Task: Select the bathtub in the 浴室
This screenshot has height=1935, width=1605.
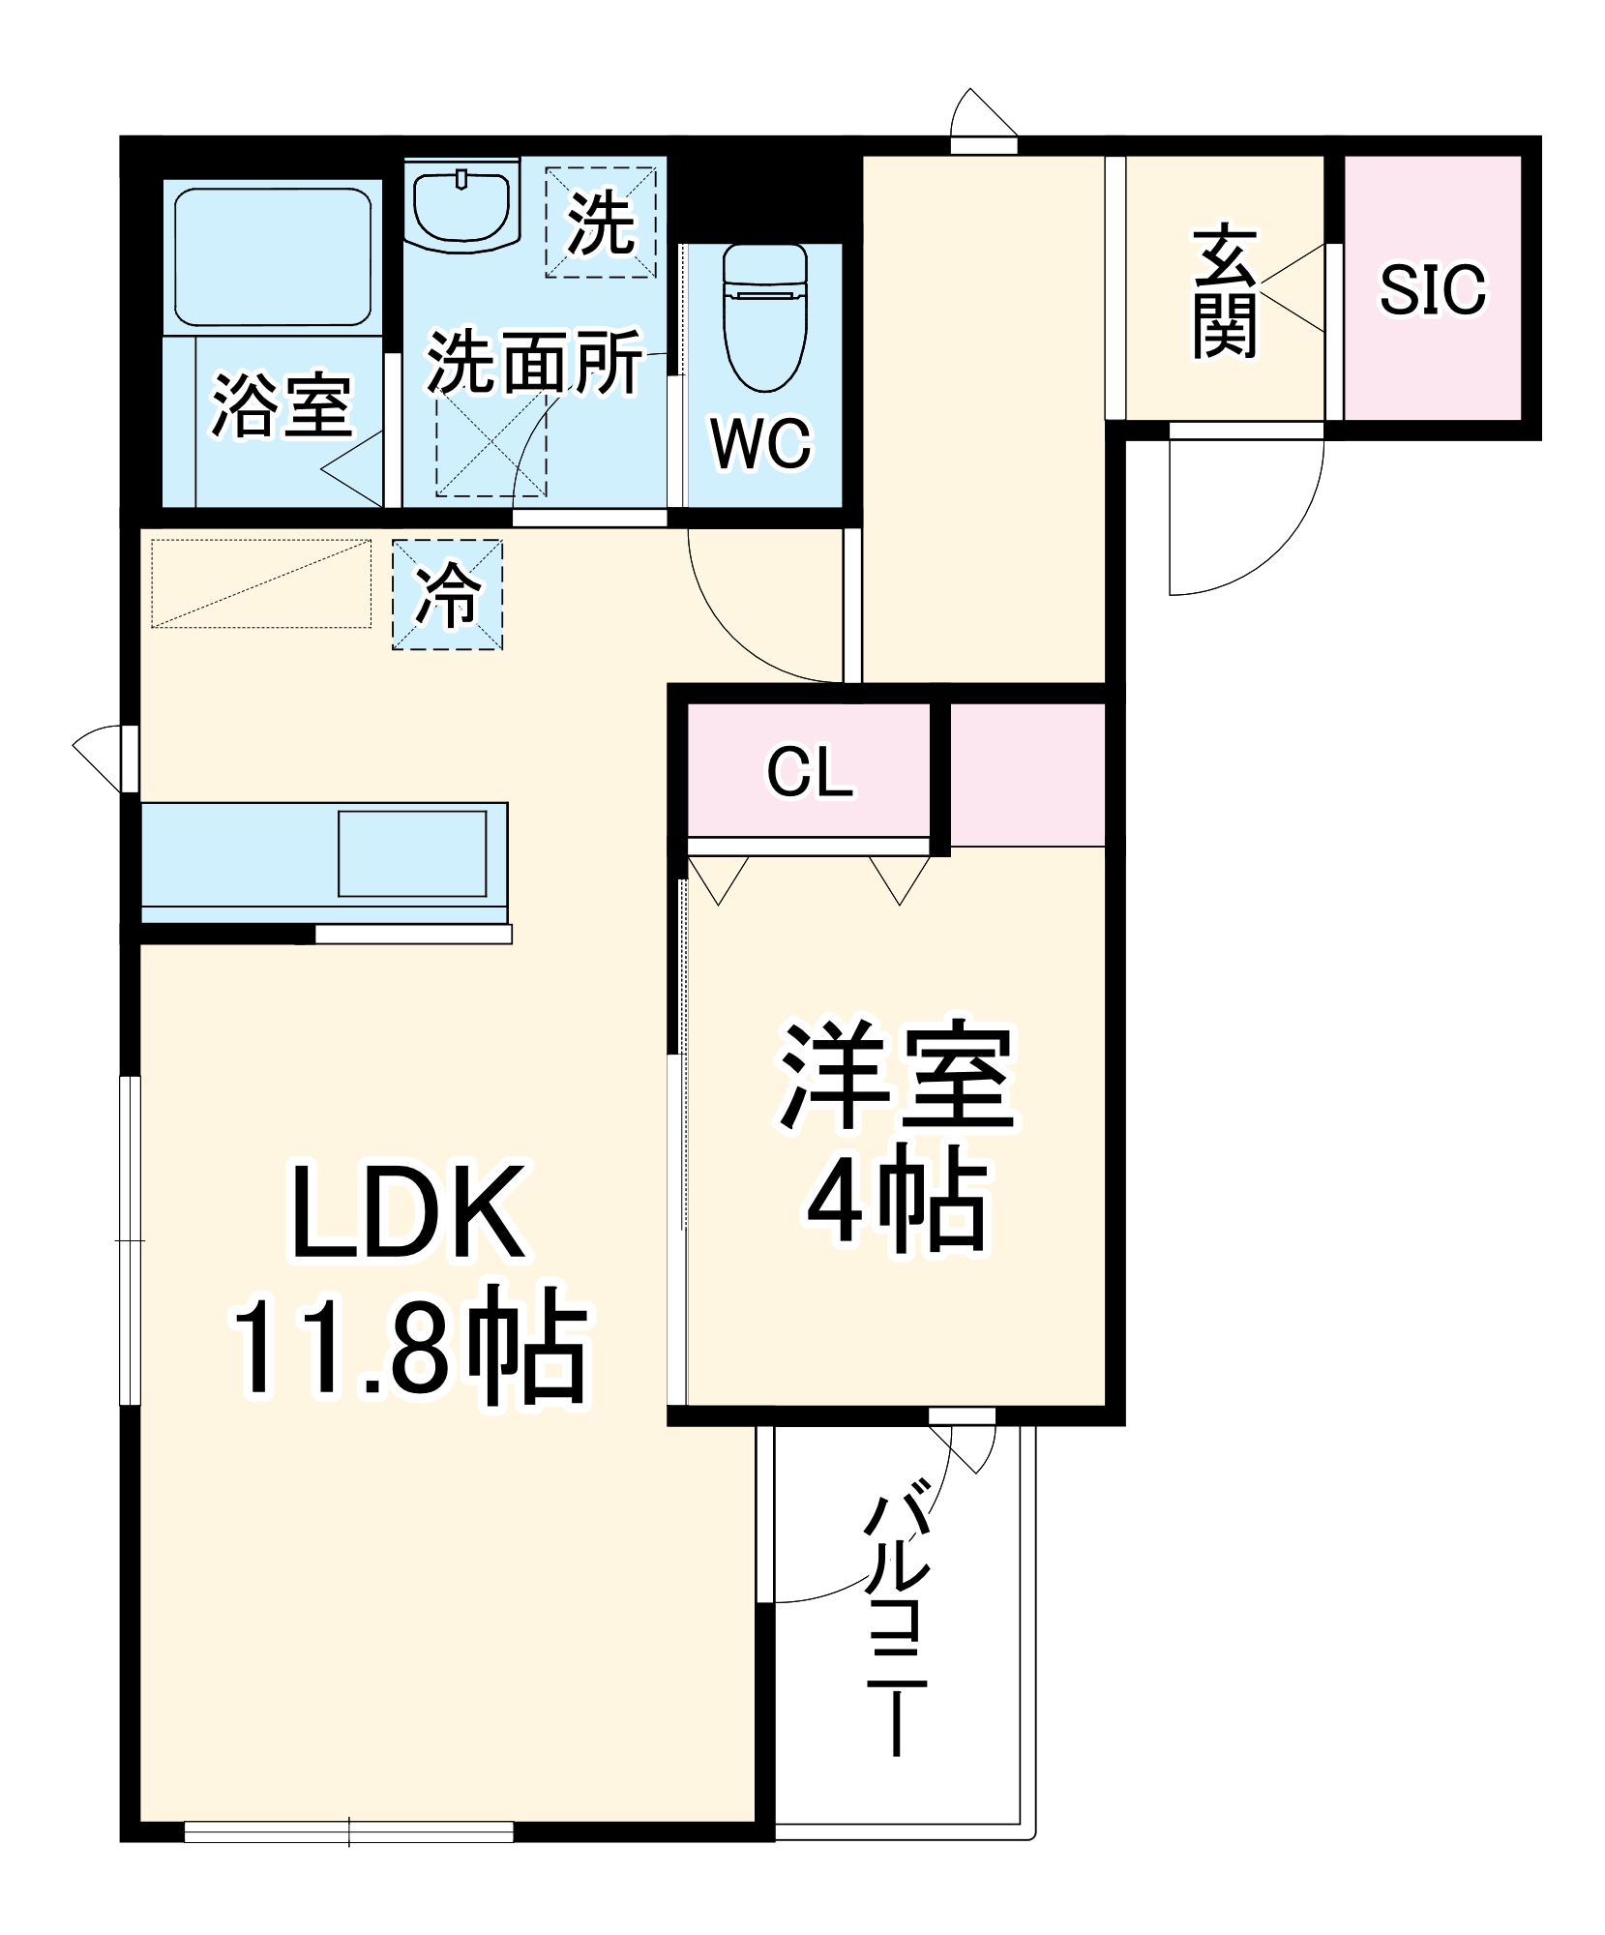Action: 273,256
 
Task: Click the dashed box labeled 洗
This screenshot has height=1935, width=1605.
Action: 601,223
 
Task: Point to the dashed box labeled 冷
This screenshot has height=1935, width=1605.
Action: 447,594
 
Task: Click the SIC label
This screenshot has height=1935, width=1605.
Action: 1432,289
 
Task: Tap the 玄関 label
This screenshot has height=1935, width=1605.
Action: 1225,292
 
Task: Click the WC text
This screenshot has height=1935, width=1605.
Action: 761,444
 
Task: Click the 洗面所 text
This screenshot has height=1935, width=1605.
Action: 534,363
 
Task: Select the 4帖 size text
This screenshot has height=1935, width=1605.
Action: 897,1200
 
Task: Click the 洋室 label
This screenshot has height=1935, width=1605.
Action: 897,1074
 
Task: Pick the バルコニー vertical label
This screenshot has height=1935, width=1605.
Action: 897,1625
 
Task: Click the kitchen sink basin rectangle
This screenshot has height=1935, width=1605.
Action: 412,853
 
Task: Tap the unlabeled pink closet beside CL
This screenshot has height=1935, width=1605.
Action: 1027,774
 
